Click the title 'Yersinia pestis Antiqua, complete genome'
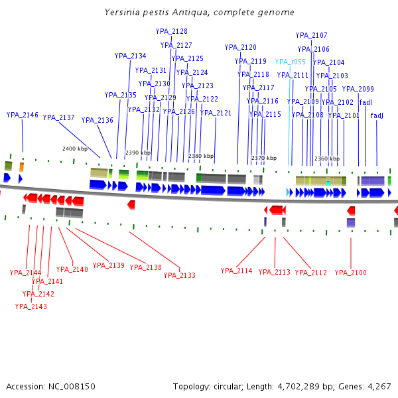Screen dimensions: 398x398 (200, 13)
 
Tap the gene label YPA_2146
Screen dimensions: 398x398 (23, 115)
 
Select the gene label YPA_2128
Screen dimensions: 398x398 (172, 31)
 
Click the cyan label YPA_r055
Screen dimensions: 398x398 (291, 62)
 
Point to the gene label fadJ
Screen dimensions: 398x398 (377, 115)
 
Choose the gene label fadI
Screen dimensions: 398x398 (365, 102)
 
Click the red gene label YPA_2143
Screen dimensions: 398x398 (31, 306)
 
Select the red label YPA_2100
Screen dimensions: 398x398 (351, 273)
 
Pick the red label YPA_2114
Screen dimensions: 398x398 (237, 271)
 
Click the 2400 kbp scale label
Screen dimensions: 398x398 (75, 149)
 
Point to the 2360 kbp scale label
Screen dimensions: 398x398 (327, 159)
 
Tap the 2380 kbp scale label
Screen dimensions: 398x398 (201, 156)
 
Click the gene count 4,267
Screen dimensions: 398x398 (377, 386)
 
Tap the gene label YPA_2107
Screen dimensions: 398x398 (312, 35)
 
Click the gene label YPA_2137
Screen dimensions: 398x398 (59, 117)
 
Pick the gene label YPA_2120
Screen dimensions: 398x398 (241, 47)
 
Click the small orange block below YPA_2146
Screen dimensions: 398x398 (21, 166)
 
